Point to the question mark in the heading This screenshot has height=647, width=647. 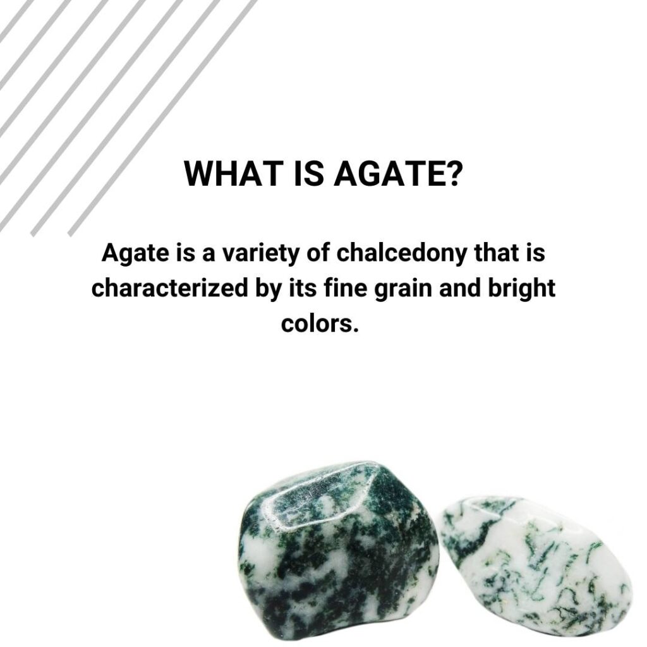coord(449,174)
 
